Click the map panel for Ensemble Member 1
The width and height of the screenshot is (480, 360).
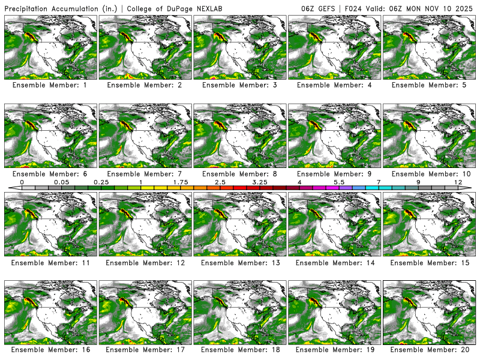(x=50, y=47)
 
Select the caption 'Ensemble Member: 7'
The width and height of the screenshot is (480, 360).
(x=146, y=173)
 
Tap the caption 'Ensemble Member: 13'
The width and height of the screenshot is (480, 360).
(x=241, y=262)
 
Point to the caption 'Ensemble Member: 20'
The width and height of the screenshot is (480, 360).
(x=430, y=349)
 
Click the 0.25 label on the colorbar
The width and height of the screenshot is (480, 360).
(x=101, y=182)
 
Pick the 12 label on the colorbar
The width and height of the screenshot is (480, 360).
(x=458, y=182)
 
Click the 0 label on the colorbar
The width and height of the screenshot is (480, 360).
(x=22, y=182)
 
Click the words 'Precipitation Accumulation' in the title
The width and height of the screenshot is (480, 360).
(x=55, y=9)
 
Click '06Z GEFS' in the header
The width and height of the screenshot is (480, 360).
(x=320, y=9)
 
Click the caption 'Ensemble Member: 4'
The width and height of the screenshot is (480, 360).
(x=335, y=85)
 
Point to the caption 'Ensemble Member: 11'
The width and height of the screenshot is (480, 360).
(x=50, y=262)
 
